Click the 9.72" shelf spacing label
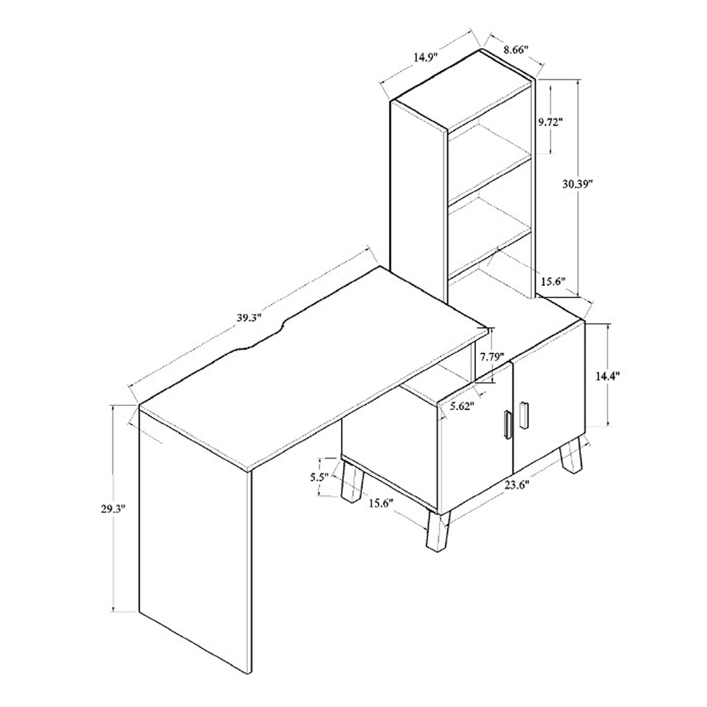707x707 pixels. tap(550, 122)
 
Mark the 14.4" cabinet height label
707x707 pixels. tap(607, 376)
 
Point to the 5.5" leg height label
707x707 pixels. tap(319, 477)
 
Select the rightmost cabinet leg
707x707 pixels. tap(572, 457)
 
